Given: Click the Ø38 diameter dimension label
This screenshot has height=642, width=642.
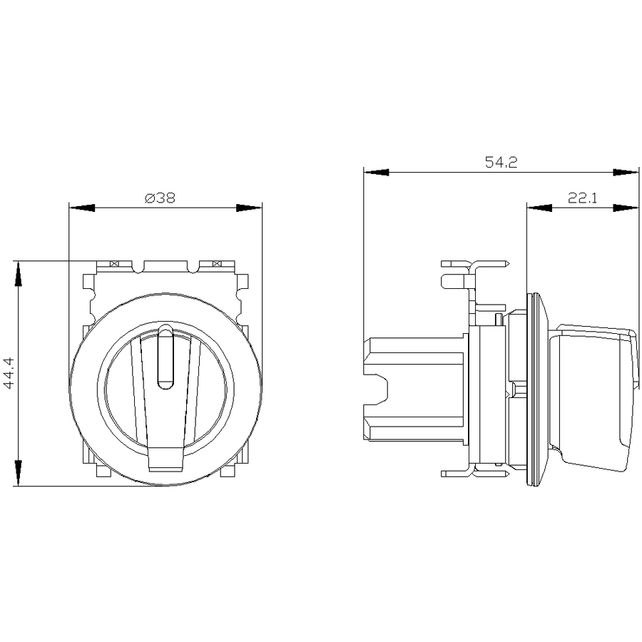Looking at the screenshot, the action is pyautogui.click(x=160, y=198).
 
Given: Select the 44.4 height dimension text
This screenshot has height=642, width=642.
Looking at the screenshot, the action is pyautogui.click(x=9, y=372).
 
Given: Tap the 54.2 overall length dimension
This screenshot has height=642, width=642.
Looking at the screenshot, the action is pyautogui.click(x=501, y=162).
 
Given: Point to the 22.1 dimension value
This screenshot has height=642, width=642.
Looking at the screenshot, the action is pyautogui.click(x=582, y=198).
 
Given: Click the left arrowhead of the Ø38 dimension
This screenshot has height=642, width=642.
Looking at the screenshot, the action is pyautogui.click(x=82, y=208).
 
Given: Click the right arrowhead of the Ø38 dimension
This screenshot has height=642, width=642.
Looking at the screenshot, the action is pyautogui.click(x=249, y=208).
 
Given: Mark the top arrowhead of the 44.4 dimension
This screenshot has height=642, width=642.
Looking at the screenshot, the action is pyautogui.click(x=18, y=275).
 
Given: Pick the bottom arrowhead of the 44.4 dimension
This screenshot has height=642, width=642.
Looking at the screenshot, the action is pyautogui.click(x=18, y=473).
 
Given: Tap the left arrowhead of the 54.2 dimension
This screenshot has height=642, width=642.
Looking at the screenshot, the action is pyautogui.click(x=376, y=173).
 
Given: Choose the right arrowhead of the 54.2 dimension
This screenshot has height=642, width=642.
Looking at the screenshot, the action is pyautogui.click(x=626, y=173).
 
